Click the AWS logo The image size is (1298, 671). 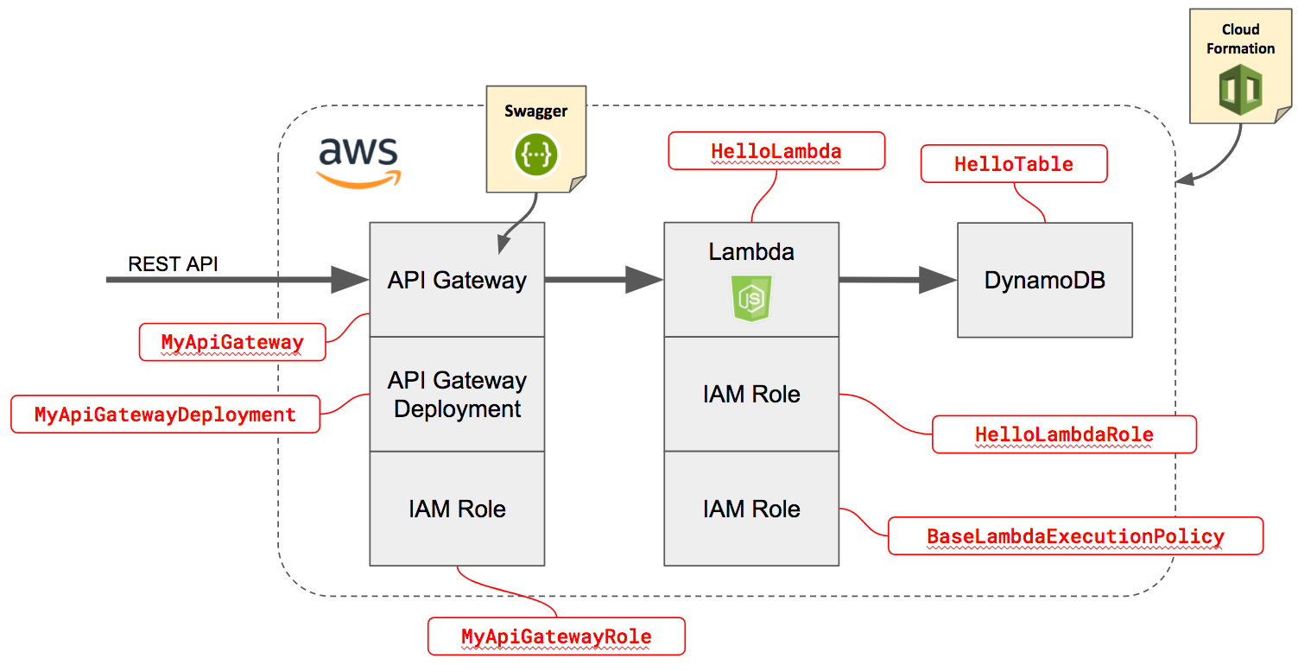pos(358,161)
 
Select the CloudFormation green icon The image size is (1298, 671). pos(1239,90)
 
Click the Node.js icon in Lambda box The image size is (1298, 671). pos(751,300)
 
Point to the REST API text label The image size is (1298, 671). pos(173,264)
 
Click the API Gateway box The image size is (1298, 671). pos(457,280)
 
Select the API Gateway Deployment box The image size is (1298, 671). pos(457,395)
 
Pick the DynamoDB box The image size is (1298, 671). pos(1044,280)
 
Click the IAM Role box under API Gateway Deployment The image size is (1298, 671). pos(457,509)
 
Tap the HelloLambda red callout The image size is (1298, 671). pos(776,151)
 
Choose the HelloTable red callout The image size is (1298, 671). pos(1013,164)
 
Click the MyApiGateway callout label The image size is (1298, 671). pos(232,342)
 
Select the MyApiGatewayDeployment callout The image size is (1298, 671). pos(165,415)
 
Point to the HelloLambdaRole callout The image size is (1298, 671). pos(1064,434)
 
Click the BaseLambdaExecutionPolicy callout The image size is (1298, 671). pos(1075,536)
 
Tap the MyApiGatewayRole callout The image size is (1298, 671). pos(556,637)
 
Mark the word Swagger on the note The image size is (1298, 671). pos(535,111)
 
